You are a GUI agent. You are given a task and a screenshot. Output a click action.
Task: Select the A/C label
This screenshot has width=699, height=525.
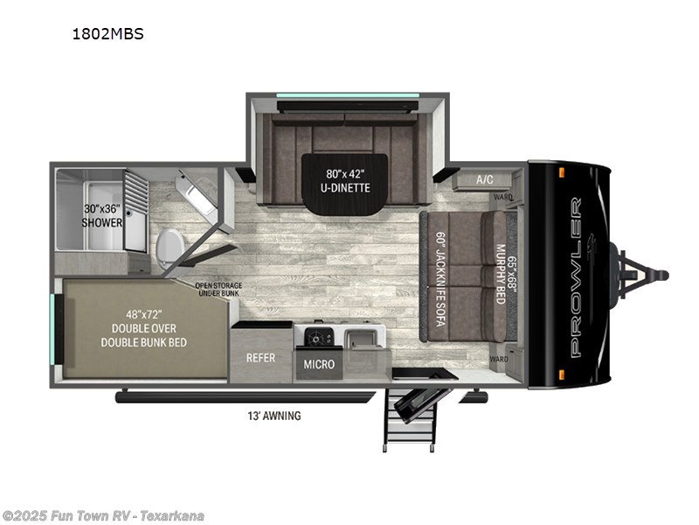484,179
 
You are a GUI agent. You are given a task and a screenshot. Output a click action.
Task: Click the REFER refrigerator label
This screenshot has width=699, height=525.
260,357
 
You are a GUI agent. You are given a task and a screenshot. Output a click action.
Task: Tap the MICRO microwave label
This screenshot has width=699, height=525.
318,363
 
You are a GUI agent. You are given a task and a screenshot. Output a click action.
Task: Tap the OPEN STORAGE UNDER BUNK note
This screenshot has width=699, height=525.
218,290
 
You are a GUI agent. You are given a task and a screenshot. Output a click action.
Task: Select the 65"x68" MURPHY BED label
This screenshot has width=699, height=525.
502,275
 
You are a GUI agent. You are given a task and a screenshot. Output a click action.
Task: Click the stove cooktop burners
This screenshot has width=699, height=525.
314,335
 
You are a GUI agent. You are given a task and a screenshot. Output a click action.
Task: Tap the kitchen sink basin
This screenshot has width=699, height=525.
364,335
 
